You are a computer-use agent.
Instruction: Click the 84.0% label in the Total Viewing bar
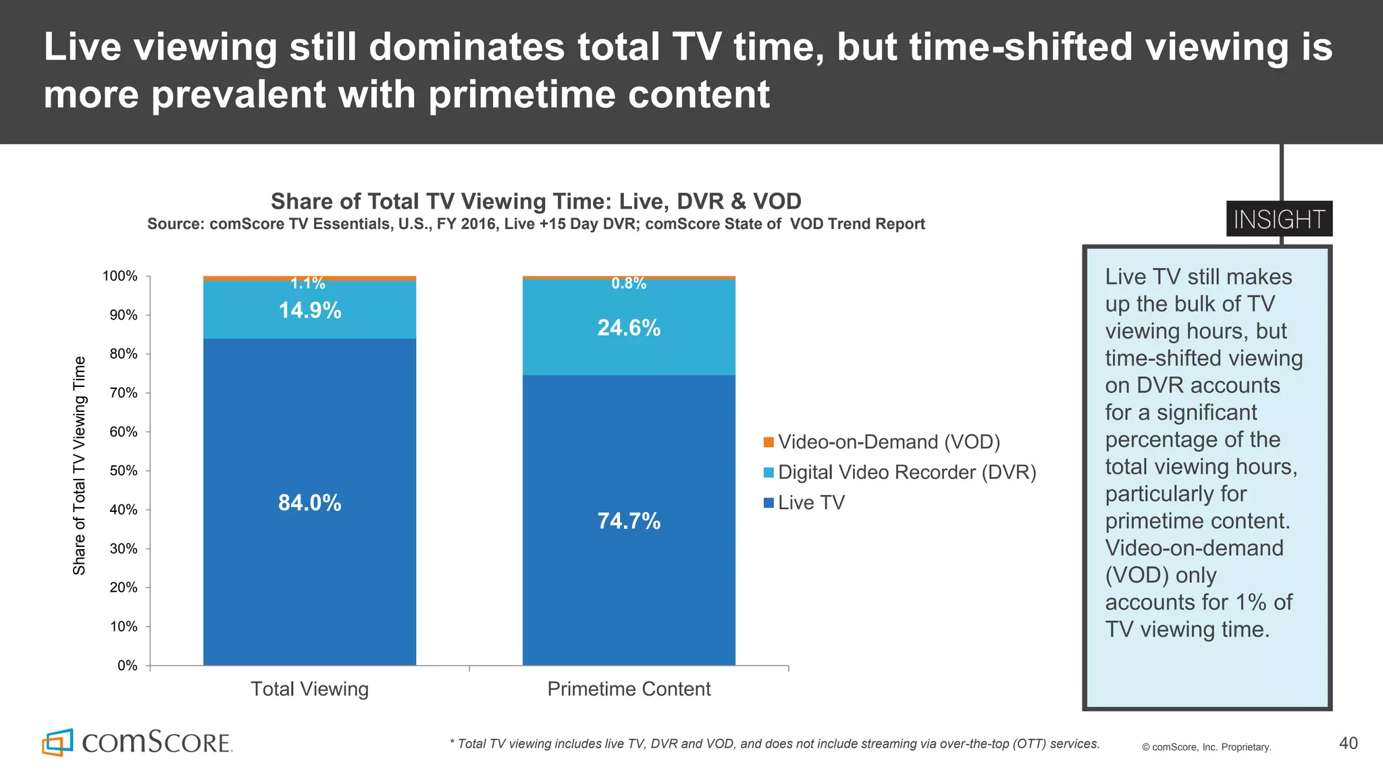(309, 503)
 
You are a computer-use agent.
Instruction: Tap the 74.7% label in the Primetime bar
(629, 521)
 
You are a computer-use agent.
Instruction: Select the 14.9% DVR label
(309, 311)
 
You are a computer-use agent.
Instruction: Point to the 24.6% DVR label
(629, 328)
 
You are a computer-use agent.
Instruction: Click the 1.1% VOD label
(308, 284)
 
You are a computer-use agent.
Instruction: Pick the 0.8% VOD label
(629, 284)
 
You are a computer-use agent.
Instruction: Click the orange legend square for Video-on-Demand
(768, 442)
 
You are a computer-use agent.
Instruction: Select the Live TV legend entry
(810, 502)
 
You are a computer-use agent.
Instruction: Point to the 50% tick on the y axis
(124, 471)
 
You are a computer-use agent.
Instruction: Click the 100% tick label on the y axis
(120, 276)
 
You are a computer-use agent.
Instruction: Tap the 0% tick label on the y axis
(127, 666)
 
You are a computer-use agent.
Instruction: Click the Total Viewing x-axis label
(309, 689)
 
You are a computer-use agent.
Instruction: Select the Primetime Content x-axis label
(629, 689)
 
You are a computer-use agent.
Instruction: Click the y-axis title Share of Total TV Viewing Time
(80, 466)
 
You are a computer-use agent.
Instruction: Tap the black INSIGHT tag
(1279, 219)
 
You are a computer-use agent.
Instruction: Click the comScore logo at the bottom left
(138, 742)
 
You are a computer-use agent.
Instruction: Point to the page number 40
(1348, 744)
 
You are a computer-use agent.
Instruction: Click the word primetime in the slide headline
(522, 95)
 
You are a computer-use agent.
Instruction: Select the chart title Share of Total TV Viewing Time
(536, 201)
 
